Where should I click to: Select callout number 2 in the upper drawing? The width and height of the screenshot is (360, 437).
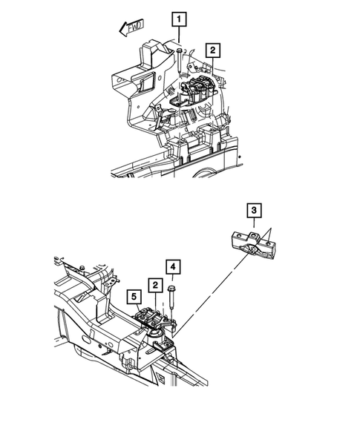tap(212, 50)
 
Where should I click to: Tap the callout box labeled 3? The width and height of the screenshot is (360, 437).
tap(254, 212)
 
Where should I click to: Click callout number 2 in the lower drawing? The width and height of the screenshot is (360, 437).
tap(154, 284)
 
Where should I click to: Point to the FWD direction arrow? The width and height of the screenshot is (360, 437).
tap(130, 30)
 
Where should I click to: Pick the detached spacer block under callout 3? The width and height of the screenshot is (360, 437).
tap(253, 245)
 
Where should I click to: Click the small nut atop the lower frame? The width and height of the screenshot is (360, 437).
tap(83, 266)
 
